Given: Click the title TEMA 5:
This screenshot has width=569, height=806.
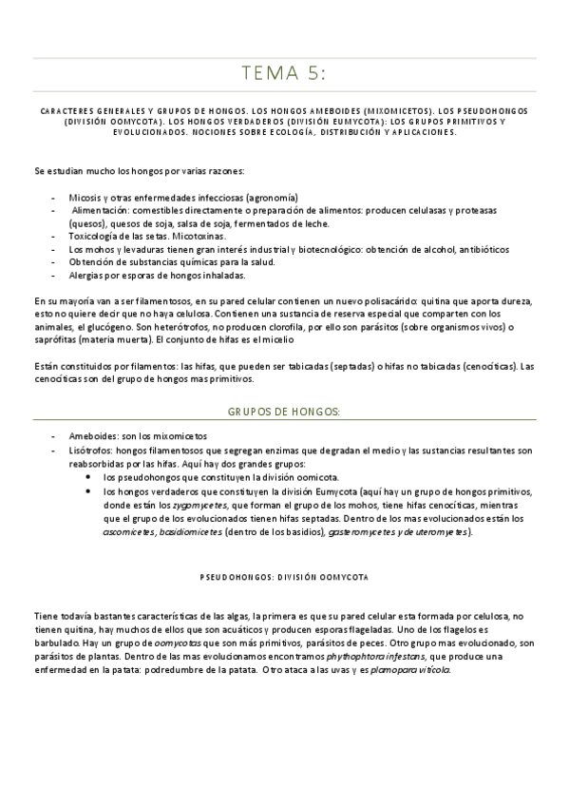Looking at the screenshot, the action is pyautogui.click(x=284, y=75).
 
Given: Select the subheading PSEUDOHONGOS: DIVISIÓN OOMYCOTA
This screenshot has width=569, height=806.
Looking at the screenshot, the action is pyautogui.click(x=284, y=577).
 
